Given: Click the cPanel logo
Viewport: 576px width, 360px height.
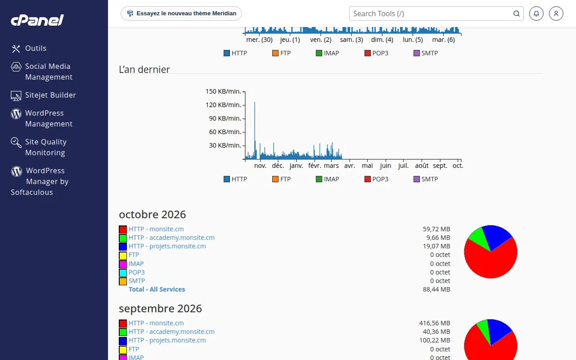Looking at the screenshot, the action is [37, 20].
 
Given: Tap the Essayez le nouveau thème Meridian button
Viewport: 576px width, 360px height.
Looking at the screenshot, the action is [181, 13].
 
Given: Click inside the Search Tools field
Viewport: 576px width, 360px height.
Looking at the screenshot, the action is [432, 13].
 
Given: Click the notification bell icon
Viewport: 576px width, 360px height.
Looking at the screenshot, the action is [536, 13].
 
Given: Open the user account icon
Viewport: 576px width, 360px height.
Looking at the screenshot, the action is [556, 13].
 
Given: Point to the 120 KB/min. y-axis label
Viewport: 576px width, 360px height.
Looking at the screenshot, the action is [223, 105].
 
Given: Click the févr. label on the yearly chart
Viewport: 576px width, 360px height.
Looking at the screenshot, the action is [315, 166].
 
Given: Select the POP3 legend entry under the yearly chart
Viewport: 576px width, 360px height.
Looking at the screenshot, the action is [376, 179].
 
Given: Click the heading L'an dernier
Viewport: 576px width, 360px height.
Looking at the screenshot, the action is [144, 69].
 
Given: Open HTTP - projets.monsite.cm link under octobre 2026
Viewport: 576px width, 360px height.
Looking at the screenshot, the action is [167, 246].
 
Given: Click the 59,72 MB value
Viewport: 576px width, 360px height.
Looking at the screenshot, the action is [436, 229].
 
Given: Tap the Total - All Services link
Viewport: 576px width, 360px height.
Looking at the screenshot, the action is [157, 289].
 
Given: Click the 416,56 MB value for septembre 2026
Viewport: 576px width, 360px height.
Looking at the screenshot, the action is [435, 323].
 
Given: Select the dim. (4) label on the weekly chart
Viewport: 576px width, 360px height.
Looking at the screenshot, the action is [382, 40].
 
